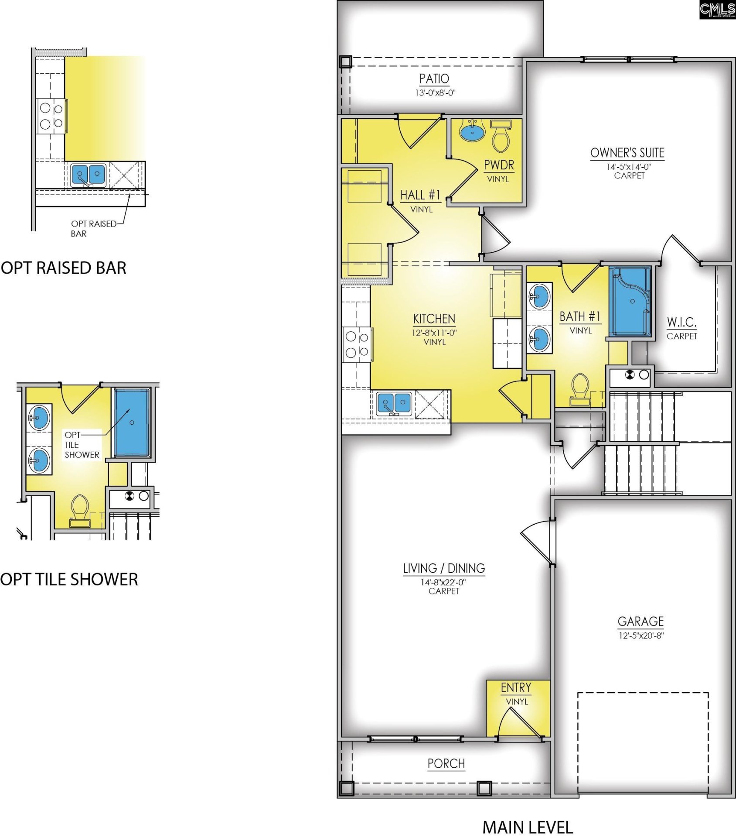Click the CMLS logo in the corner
click(717, 10)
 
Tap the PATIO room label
click(434, 79)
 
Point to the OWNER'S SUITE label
click(627, 153)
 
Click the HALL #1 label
click(420, 195)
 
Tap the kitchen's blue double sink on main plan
click(394, 403)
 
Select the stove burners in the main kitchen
click(357, 344)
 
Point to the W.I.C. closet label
click(681, 323)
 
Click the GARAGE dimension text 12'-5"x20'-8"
click(641, 635)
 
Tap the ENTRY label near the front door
click(516, 688)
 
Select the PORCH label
click(446, 763)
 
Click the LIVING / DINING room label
click(444, 568)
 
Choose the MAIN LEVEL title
click(528, 827)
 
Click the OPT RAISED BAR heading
click(64, 268)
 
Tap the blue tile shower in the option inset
click(132, 422)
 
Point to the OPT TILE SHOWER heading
click(69, 579)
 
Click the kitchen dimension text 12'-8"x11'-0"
click(434, 333)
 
